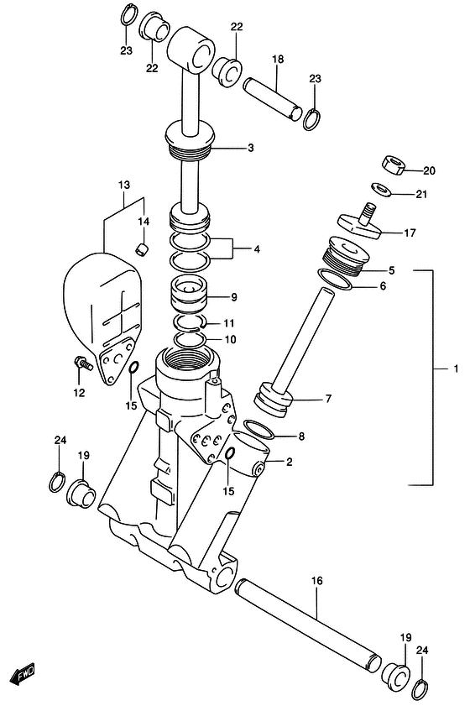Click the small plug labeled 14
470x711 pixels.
click(143, 248)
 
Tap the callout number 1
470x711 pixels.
click(457, 369)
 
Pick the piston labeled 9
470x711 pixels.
click(191, 297)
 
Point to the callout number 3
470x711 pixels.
click(250, 149)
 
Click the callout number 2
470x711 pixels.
click(289, 461)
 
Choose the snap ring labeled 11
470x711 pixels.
click(191, 323)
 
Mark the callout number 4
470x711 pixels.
click(256, 248)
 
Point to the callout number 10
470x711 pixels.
click(230, 340)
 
